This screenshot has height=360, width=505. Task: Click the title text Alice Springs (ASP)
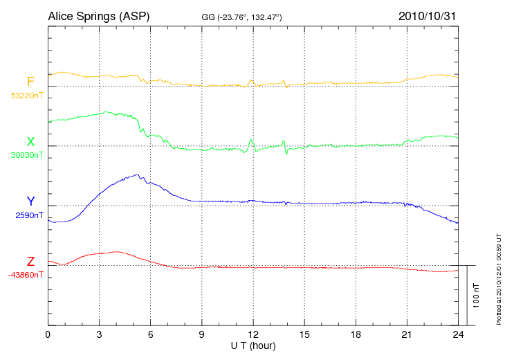[98, 15]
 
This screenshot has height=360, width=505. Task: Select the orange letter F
[30, 82]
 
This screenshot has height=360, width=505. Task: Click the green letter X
[30, 142]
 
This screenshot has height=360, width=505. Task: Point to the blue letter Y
[30, 201]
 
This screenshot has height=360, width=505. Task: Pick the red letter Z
[30, 262]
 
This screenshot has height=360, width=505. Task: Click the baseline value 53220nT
[26, 96]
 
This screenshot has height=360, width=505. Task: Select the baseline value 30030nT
[26, 155]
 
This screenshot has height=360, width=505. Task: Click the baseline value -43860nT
[27, 275]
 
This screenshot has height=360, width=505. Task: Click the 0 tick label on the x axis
[48, 334]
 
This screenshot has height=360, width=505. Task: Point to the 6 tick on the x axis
[151, 334]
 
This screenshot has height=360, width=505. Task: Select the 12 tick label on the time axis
[253, 334]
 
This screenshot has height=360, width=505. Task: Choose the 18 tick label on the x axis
[356, 334]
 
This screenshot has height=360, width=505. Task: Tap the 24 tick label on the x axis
[459, 334]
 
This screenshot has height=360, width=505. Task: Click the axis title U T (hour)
[253, 345]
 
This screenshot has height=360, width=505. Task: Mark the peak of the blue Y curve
[137, 175]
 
